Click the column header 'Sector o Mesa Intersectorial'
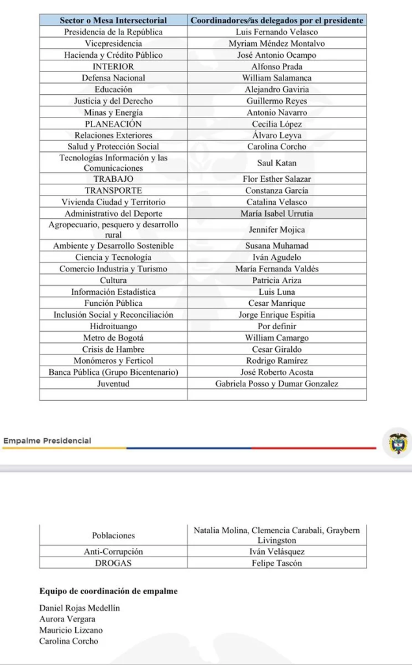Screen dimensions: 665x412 click(x=114, y=20)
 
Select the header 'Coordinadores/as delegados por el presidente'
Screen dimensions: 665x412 click(x=276, y=20)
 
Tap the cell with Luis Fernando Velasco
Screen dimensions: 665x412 click(x=276, y=32)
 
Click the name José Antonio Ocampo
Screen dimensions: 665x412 click(x=276, y=55)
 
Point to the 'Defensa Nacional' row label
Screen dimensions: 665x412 click(x=114, y=78)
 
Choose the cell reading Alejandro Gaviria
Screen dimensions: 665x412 click(x=276, y=90)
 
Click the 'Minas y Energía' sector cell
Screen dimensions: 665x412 click(x=114, y=112)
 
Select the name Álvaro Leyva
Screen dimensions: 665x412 click(x=276, y=136)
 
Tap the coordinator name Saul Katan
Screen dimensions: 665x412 click(x=276, y=163)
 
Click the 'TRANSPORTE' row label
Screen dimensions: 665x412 click(x=114, y=191)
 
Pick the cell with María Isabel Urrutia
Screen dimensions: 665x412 click(x=276, y=214)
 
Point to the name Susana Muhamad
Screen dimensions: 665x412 click(x=276, y=246)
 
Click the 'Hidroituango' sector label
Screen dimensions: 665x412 click(x=114, y=327)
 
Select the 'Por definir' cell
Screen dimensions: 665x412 click(x=276, y=327)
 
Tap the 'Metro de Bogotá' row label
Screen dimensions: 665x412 click(x=114, y=338)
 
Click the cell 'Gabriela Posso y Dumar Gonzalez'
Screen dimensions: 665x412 click(x=276, y=384)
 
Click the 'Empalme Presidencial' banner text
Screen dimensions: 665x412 click(x=47, y=441)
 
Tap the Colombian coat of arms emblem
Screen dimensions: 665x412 click(x=397, y=444)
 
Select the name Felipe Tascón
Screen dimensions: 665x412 click(x=276, y=563)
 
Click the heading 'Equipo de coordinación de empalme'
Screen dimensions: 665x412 click(x=108, y=592)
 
